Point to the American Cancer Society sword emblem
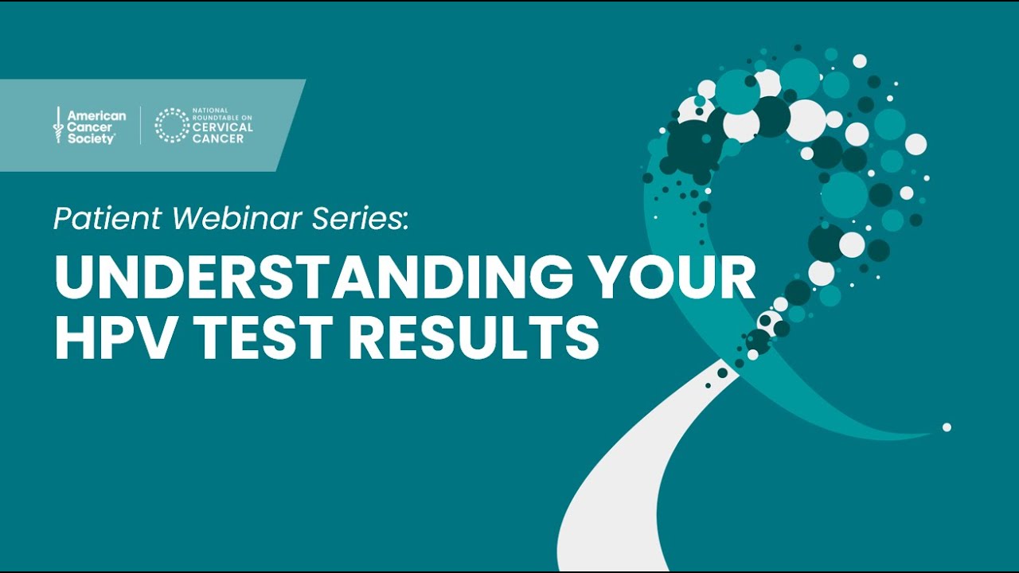(x=57, y=126)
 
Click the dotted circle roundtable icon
(x=171, y=126)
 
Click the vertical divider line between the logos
(x=141, y=126)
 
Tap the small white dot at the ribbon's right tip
(x=947, y=427)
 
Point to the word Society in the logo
(x=91, y=138)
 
